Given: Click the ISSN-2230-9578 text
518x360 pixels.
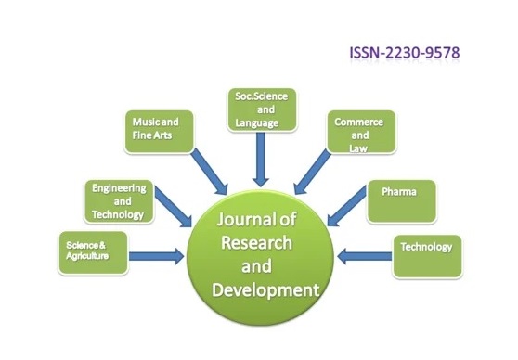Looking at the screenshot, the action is pos(405,53).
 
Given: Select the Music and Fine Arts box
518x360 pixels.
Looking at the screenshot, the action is pos(159,132).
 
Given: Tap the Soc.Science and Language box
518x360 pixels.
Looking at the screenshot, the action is pos(262,109).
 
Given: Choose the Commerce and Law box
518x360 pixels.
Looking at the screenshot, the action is pos(361,132).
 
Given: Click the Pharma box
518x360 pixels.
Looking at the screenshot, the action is pos(401,201).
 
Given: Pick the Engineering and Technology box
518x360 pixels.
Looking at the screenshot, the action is pos(119,201).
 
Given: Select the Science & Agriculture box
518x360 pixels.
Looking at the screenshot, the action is pos(93,252).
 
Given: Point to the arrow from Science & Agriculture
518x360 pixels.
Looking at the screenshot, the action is pos(156,256).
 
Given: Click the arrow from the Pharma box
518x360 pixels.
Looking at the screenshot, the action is pos(347,206).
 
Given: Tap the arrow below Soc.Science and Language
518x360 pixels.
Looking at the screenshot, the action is pos(260,160).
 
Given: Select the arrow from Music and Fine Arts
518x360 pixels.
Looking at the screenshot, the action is pos(210,172).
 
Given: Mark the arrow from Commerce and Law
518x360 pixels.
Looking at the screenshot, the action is pos(312,172).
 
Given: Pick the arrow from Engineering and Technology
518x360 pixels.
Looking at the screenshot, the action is pos(173,207).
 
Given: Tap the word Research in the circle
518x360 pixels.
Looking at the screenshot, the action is pos(257,243).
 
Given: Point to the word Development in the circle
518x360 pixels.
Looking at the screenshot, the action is pos(265,290).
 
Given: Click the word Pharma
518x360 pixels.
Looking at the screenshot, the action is pos(399,191).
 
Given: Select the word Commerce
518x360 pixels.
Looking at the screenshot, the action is pos(358,122).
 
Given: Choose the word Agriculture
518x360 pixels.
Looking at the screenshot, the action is pos(87,256).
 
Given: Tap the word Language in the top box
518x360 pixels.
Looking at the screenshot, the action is pos(257,122).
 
